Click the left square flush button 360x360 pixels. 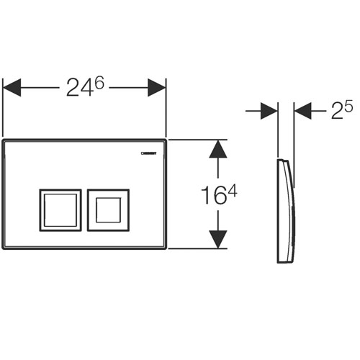click(60, 210)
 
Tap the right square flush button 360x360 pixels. click(109, 210)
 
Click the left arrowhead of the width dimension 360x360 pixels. click(13, 88)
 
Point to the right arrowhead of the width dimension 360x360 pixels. click(158, 88)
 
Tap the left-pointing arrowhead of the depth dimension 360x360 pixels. click(302, 112)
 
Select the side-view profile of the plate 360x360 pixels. click(286, 209)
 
